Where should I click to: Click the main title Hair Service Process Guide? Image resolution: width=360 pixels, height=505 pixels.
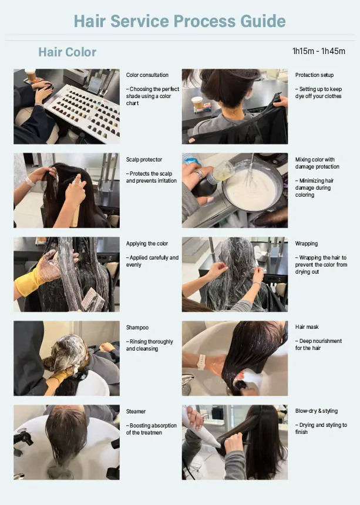[180, 21]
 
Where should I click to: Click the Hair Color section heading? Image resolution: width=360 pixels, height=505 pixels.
[68, 52]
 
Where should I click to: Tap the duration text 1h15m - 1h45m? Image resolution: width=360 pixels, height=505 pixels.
[319, 51]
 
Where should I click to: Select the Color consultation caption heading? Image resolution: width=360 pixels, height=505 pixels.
[147, 75]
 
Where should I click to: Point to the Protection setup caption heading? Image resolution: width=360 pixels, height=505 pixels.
[314, 75]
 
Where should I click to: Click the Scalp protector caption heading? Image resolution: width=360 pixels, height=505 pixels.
[144, 159]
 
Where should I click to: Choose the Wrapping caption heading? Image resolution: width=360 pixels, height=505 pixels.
[306, 244]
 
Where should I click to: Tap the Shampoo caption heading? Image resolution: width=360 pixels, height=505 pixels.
[137, 328]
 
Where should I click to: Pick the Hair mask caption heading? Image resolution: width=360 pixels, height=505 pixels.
[307, 327]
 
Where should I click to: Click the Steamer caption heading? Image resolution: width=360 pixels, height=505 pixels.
[136, 412]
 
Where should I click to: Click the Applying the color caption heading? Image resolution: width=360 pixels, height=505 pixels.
[147, 244]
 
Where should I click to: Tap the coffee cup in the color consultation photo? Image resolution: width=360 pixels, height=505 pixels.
[31, 75]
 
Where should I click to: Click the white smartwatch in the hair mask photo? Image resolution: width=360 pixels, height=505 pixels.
[202, 362]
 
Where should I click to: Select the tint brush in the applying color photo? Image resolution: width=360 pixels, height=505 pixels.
[92, 299]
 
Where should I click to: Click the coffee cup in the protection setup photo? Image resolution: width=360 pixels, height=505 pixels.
[197, 103]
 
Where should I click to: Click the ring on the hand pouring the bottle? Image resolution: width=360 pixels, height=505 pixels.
[199, 174]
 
